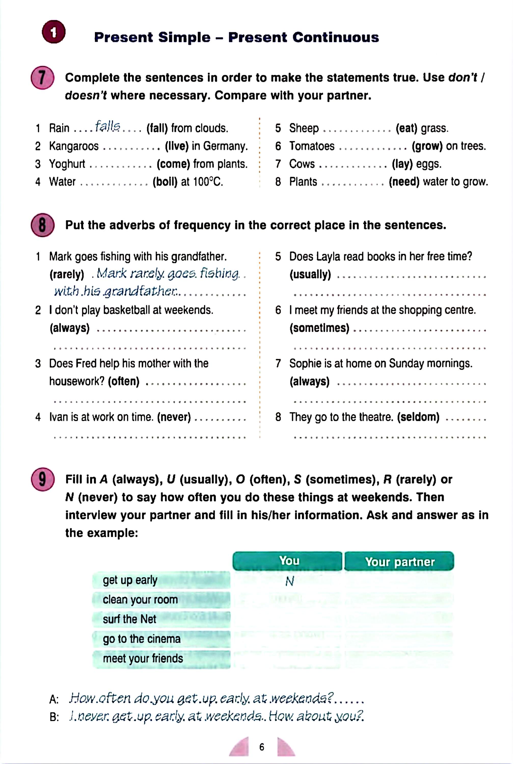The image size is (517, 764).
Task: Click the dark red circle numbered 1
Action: (53, 32)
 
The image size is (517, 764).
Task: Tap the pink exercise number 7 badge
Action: (42, 78)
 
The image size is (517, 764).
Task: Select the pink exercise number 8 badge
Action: (42, 225)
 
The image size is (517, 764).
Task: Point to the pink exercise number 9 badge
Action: (42, 479)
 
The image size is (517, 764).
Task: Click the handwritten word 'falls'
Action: (108, 126)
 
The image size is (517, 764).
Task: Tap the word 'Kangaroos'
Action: (74, 146)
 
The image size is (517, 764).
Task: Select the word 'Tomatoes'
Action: (311, 146)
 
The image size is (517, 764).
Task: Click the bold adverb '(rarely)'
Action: (67, 274)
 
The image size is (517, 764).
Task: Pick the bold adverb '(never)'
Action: (174, 417)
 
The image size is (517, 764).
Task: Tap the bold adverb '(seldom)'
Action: (418, 417)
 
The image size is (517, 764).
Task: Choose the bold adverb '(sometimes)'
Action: (319, 328)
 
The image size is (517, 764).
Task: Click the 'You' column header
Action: (289, 561)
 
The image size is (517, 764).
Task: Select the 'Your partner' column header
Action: (400, 562)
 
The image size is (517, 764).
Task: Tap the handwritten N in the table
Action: (289, 582)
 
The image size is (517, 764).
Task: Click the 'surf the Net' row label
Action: (129, 619)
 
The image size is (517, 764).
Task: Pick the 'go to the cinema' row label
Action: (142, 639)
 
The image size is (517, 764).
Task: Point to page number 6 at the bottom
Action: (262, 747)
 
